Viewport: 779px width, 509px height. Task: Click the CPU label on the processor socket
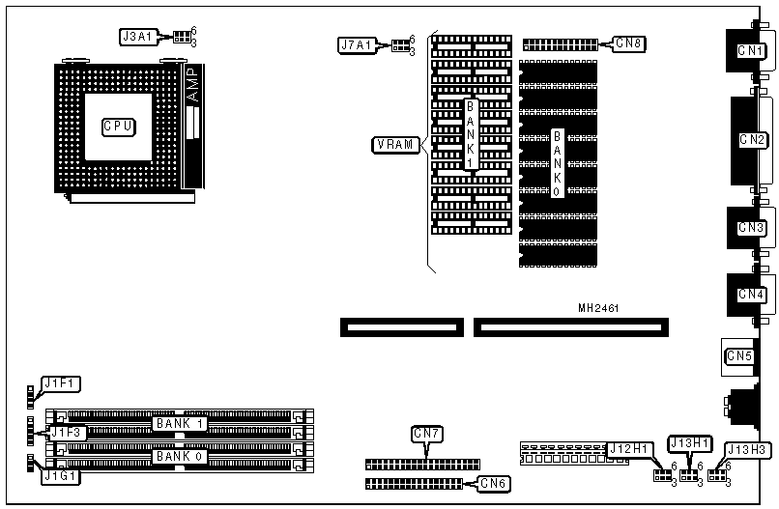119,126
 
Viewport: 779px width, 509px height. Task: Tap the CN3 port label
751,228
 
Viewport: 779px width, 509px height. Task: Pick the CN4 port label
751,294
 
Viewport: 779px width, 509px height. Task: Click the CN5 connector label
738,356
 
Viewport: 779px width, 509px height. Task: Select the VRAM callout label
394,145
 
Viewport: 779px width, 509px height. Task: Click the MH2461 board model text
598,309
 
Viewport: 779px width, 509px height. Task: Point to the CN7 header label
427,434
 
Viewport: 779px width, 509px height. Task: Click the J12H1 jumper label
629,449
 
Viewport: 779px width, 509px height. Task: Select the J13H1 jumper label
689,442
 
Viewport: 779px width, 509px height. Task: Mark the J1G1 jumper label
60,475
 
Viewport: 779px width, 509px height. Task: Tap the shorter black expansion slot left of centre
401,327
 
